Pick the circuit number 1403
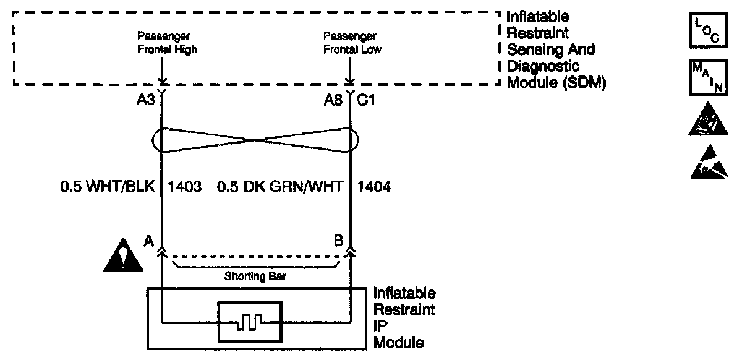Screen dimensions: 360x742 184,187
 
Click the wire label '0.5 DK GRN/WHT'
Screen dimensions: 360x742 279,187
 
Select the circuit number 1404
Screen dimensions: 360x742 375,187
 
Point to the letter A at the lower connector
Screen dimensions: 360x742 148,240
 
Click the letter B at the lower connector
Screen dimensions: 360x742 338,240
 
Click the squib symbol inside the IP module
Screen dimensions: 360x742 250,321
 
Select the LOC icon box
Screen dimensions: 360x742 702,29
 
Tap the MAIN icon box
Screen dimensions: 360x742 702,77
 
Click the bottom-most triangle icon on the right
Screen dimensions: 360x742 702,163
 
